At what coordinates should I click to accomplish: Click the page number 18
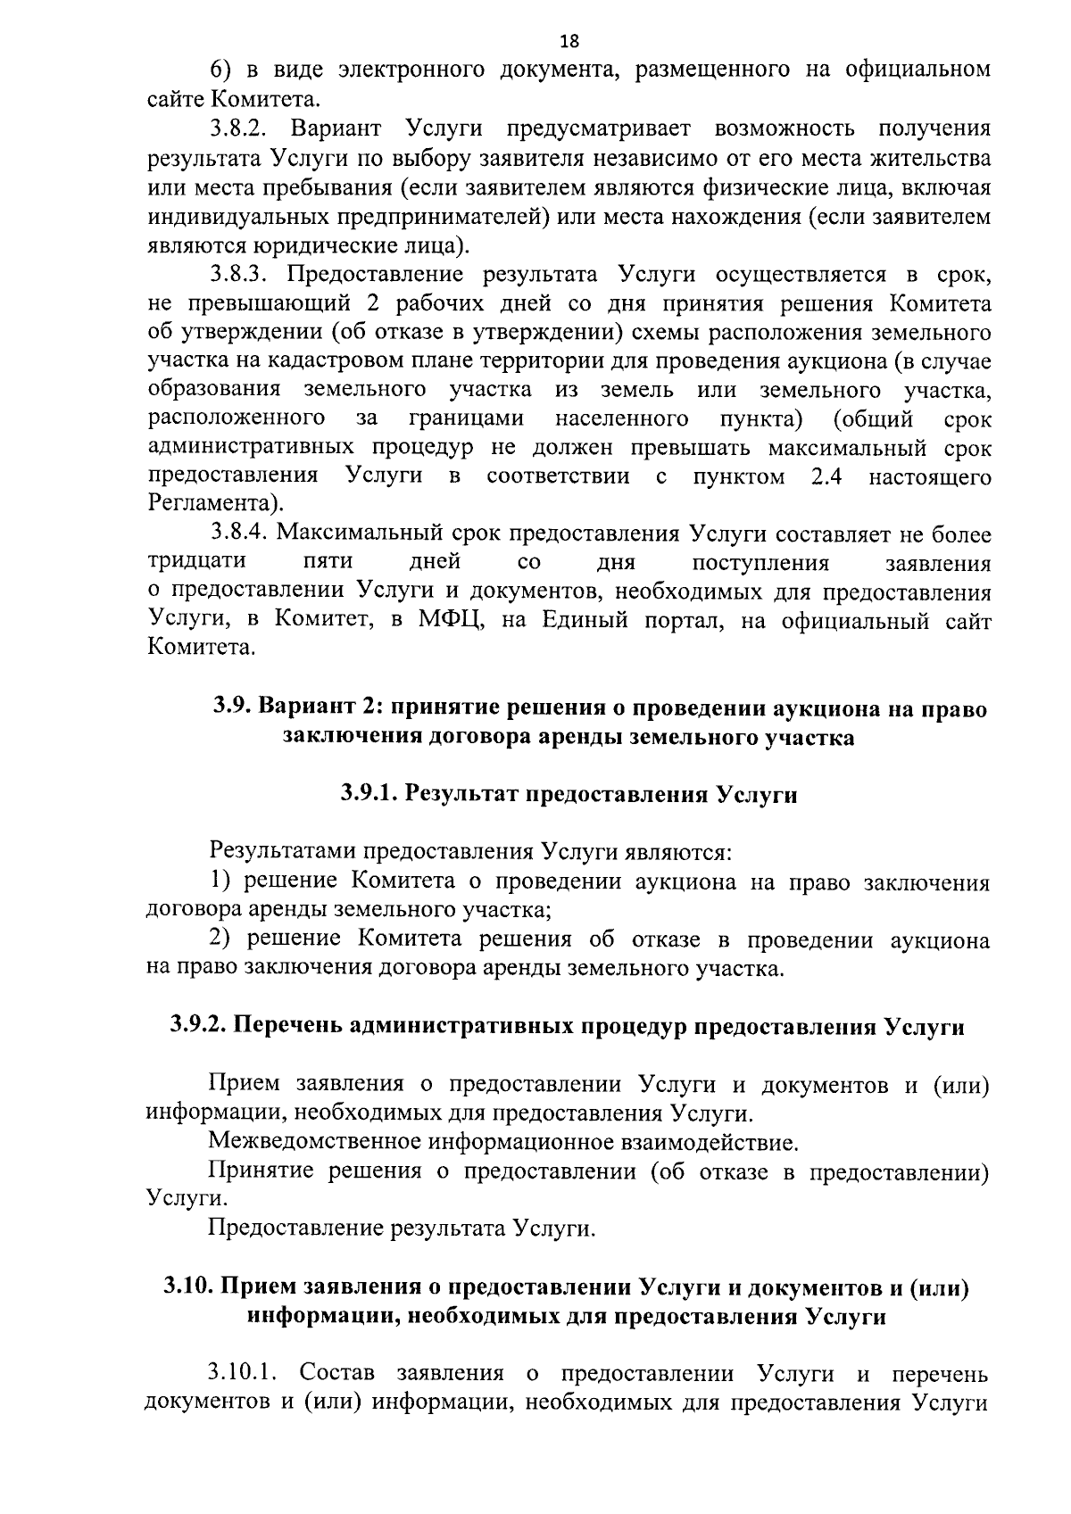point(569,41)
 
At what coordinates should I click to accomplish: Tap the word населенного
point(621,418)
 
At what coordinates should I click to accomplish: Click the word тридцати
point(196,563)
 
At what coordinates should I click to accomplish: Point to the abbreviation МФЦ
point(452,621)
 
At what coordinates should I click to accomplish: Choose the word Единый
point(580,621)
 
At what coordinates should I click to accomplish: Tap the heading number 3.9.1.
point(368,795)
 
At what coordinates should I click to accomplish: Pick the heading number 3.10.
point(187,1287)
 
